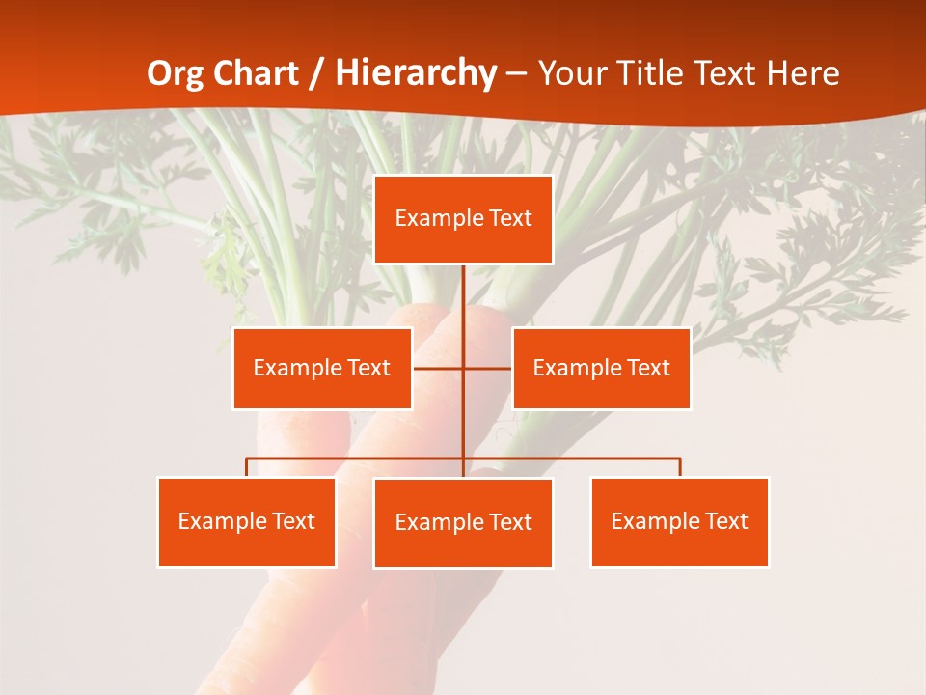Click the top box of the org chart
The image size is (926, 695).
tap(463, 219)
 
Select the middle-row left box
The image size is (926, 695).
tap(322, 368)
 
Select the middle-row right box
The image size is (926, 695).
tap(601, 368)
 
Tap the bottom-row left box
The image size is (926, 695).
tap(246, 521)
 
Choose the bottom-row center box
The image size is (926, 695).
tap(463, 522)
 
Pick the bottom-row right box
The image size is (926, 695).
tap(679, 521)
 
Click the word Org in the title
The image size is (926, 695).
tap(176, 73)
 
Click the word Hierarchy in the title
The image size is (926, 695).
tap(416, 73)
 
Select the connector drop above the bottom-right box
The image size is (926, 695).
tap(679, 467)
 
